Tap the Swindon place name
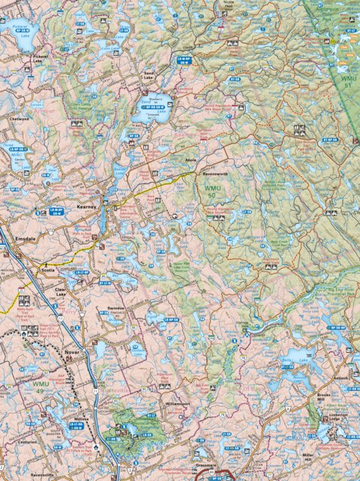pyautogui.click(x=115, y=308)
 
